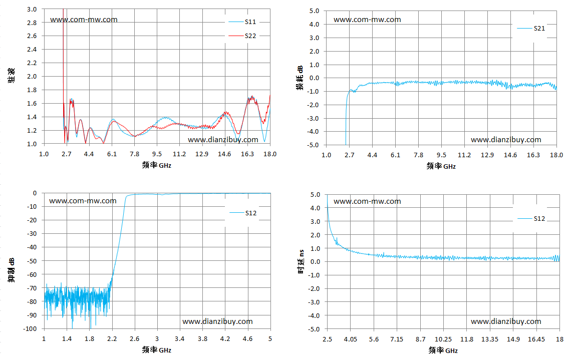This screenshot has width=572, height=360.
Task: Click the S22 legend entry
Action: click(242, 36)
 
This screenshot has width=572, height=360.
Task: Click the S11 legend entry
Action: click(242, 22)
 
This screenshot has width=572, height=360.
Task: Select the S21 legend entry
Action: click(531, 28)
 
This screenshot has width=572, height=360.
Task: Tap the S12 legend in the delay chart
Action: click(531, 218)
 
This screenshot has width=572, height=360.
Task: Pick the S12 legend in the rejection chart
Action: click(243, 213)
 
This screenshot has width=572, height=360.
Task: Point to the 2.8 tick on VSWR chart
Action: click(32, 23)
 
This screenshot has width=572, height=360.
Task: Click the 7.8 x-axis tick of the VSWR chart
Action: click(134, 154)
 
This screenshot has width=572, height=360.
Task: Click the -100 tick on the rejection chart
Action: click(30, 328)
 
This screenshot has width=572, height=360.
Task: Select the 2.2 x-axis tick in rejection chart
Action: click(112, 339)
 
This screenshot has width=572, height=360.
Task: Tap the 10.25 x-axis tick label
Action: click(443, 339)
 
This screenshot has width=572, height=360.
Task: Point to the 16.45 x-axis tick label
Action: click(536, 339)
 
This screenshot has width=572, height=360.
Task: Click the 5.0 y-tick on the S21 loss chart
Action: click(315, 11)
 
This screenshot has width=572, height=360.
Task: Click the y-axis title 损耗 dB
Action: click(300, 78)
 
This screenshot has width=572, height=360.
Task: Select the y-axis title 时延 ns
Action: click(302, 261)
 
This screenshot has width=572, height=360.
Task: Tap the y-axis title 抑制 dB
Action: click(12, 269)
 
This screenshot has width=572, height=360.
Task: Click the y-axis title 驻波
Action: click(12, 75)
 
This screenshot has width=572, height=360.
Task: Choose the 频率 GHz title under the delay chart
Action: click(443, 350)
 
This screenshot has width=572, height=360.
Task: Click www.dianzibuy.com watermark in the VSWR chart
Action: click(223, 140)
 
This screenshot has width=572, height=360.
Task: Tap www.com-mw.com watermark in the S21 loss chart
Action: click(367, 20)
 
